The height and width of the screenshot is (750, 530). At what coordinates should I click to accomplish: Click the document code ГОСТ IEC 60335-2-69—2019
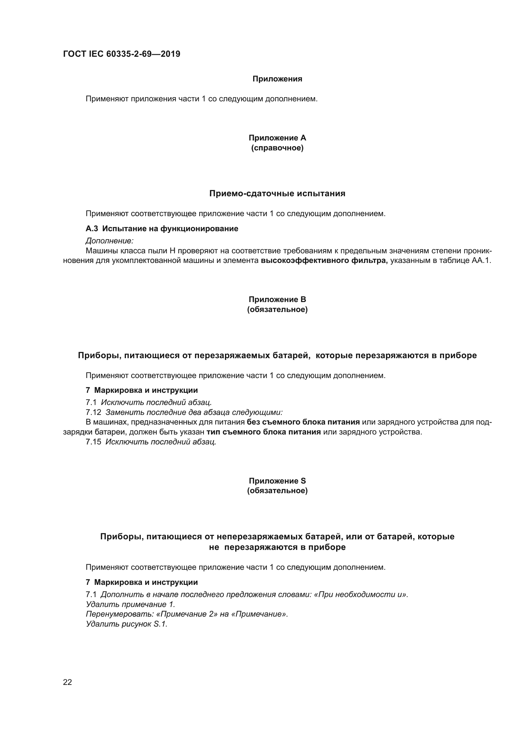121,54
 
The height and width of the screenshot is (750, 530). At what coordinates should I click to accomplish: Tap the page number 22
67,682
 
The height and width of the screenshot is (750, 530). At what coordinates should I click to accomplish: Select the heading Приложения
277,79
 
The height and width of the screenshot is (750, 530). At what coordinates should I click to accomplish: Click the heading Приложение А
277,138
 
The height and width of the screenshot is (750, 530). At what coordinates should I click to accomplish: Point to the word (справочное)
277,148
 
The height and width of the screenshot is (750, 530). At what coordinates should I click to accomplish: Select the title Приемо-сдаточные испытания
277,194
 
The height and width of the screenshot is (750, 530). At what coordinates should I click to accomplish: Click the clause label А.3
92,229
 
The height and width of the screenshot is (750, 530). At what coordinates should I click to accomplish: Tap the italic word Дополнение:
110,241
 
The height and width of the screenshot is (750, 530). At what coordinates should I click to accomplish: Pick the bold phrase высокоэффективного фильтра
324,261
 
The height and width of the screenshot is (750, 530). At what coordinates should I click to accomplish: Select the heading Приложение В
277,299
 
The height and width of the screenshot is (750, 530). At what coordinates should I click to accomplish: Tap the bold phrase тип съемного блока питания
264,432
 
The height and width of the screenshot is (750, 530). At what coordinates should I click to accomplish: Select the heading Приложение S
277,481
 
